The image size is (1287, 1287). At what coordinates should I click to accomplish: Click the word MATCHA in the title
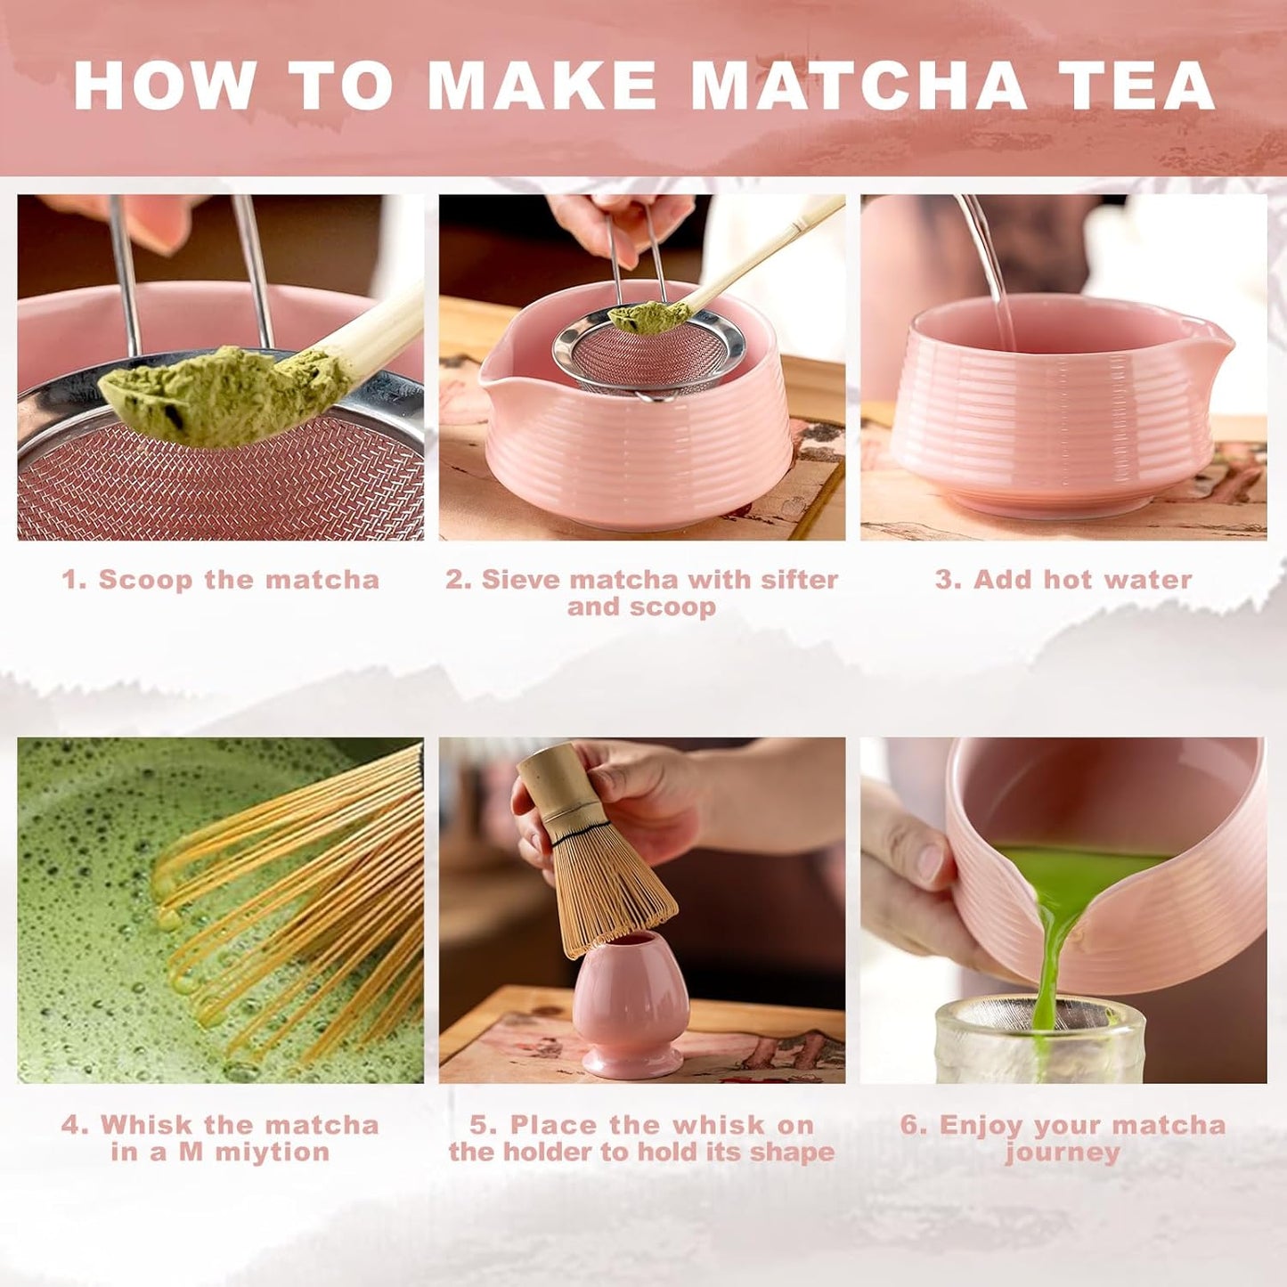[x=859, y=86]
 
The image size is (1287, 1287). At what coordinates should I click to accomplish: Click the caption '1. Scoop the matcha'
[x=221, y=580]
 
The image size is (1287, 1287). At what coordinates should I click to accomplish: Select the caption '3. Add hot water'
[x=1063, y=580]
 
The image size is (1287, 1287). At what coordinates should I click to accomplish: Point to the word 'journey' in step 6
[x=1063, y=1153]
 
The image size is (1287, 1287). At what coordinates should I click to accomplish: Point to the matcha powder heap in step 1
[x=223, y=392]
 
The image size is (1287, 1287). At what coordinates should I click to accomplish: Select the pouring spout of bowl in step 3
[x=1219, y=342]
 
